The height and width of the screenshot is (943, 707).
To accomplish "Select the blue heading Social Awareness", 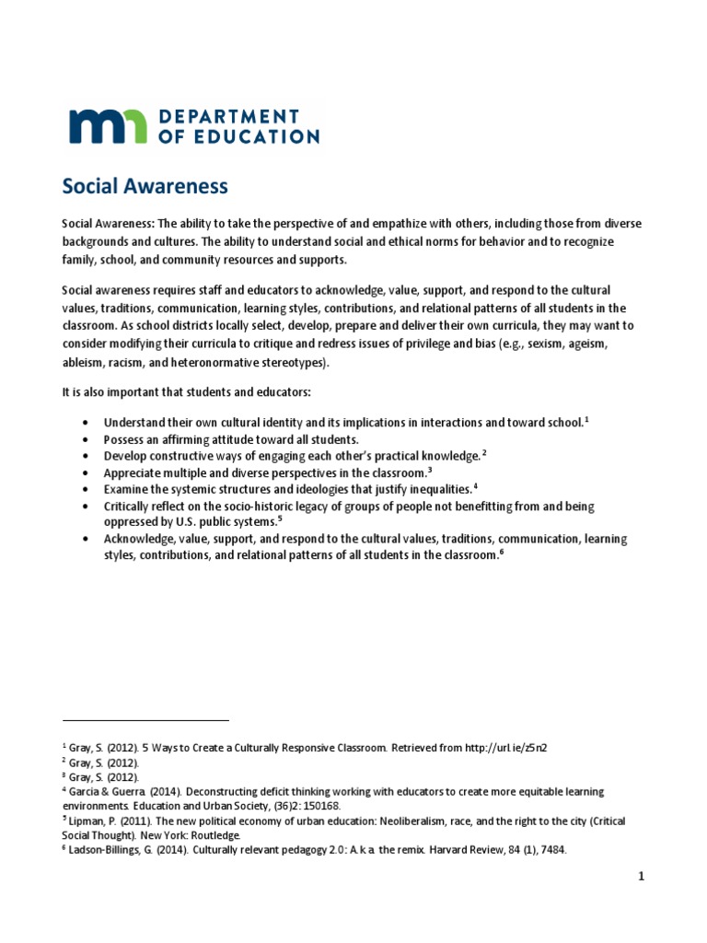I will tap(145, 186).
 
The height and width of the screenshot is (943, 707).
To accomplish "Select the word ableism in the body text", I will tap(82, 362).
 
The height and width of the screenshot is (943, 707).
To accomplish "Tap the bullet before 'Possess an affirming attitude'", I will tap(86, 439).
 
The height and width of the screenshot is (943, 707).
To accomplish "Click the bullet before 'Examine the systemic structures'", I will tap(86, 489).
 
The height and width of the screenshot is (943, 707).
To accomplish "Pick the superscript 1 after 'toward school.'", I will tap(586, 419).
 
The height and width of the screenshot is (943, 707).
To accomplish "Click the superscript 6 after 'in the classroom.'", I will tap(503, 554).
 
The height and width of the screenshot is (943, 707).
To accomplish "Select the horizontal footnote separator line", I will tap(145, 720).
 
